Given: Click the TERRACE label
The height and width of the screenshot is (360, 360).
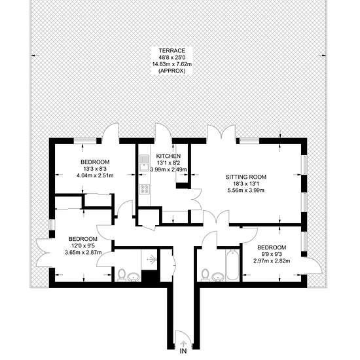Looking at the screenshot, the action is pos(172,50).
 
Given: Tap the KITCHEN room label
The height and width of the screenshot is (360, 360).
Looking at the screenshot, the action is pos(168,156).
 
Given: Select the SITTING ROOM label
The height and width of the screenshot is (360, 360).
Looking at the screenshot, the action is pos(246,177).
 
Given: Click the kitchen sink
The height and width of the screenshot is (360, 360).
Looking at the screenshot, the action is pos(144,164).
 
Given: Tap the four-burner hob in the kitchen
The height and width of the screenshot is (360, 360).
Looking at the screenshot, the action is pos(145,189).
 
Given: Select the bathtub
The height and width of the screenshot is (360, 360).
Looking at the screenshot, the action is pos(232,266).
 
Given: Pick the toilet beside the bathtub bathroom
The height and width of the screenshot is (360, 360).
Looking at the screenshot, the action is pos(205,275).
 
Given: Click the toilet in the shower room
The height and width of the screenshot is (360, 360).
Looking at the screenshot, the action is pos(121,275).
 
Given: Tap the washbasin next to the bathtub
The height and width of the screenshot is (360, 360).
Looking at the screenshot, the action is pos(218,277).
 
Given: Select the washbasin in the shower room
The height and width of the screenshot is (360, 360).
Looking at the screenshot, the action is pos(134,277).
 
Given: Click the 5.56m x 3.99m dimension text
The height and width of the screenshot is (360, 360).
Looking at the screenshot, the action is pos(246,190).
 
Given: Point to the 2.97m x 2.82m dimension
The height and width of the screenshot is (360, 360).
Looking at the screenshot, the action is pos(272,261).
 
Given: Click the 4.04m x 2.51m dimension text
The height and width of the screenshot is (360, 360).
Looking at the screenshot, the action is pos(95,176).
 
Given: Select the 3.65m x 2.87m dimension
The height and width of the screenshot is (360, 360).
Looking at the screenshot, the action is pos(83,253).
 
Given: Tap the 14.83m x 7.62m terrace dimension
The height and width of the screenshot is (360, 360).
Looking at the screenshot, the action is pos(172,64).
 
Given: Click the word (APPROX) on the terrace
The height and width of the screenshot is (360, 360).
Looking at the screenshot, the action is pos(172,71).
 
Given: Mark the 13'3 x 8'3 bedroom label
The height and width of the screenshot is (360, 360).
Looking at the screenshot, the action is pos(95,169).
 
